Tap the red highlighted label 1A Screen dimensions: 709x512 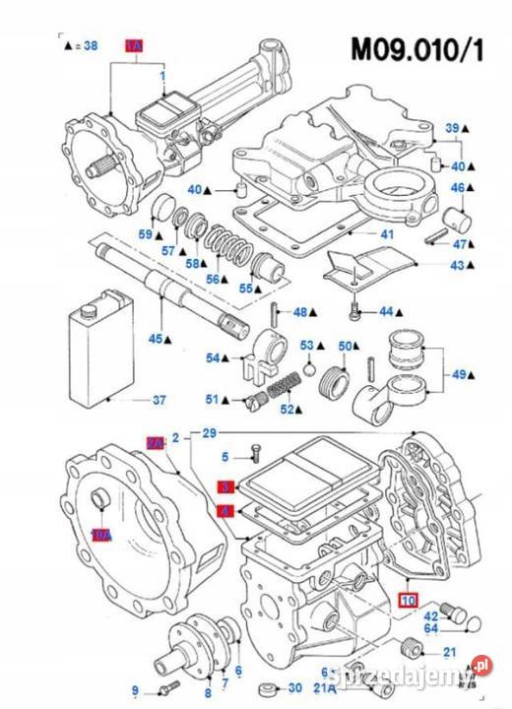(x=134, y=46)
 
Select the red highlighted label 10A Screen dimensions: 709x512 (x=100, y=535)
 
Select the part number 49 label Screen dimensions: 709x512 (x=459, y=375)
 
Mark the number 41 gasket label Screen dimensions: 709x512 (x=387, y=234)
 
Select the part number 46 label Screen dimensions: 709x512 (x=459, y=187)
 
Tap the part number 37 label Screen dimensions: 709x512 (x=159, y=401)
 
